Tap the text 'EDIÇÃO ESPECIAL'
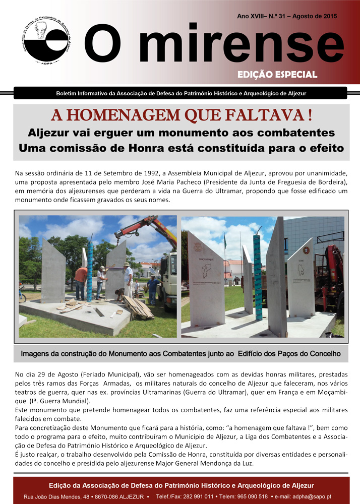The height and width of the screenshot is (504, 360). point(277,75)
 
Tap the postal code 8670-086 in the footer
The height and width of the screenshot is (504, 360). point(103,497)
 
